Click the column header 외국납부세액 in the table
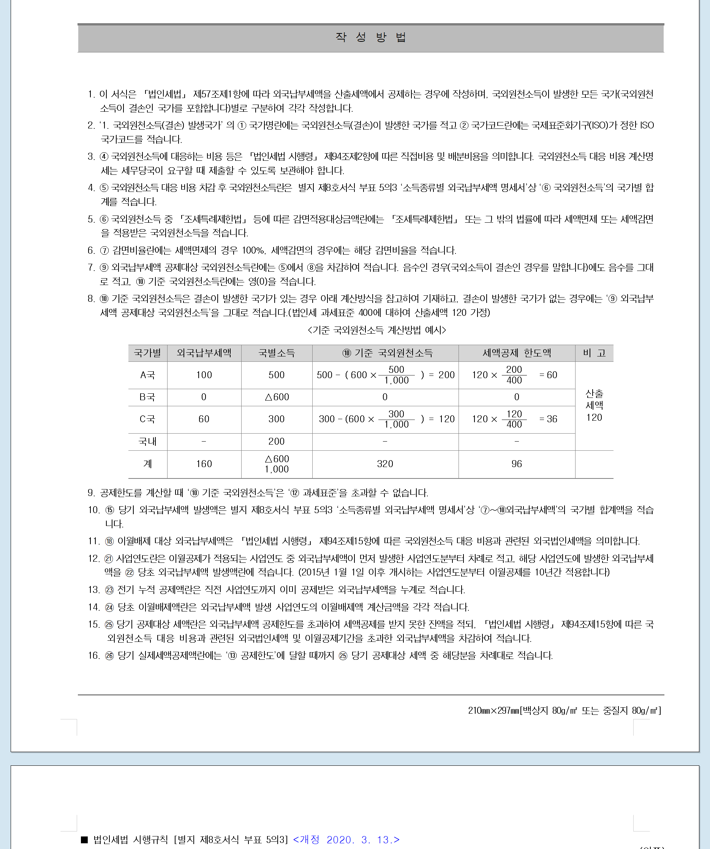204,353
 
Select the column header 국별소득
277,353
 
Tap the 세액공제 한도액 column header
516,353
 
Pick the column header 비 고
594,353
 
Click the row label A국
147,375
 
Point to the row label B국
147,397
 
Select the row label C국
147,419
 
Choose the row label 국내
147,442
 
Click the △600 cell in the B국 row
277,397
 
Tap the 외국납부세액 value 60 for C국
204,419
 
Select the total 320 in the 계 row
385,464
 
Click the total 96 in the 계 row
516,464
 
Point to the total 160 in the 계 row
204,464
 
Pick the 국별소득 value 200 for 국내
277,442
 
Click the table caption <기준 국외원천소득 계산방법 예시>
376,330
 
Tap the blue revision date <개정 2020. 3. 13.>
346,840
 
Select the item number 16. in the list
94,655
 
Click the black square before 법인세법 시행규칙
84,840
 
